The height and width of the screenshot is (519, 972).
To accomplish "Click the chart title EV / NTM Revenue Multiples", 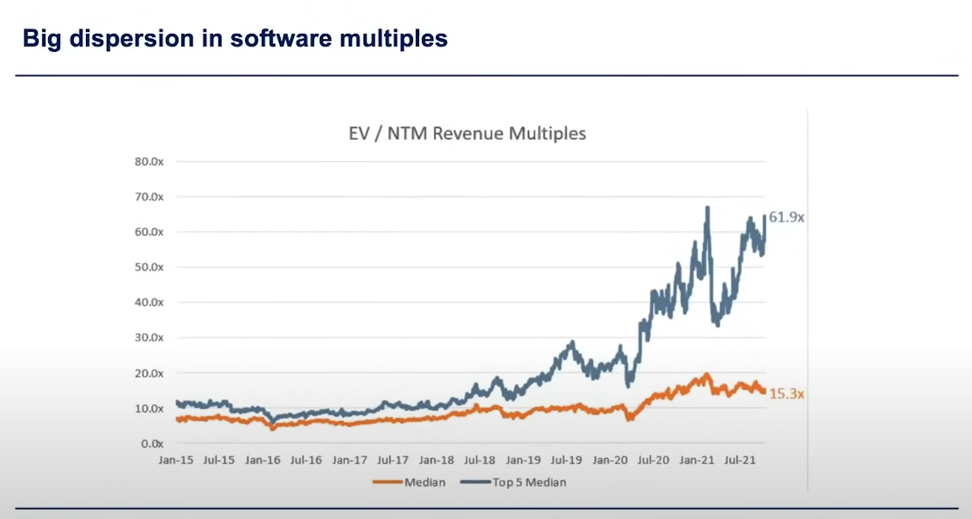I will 467,133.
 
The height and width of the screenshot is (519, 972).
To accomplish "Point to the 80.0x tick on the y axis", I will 150,161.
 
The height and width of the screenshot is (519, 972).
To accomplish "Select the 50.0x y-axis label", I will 150,267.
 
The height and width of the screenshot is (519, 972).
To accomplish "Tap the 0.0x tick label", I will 152,443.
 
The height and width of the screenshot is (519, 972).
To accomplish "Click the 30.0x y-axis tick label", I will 150,338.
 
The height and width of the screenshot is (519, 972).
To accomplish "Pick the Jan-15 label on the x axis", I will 175,461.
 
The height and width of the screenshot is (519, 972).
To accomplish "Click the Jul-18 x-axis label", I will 479,461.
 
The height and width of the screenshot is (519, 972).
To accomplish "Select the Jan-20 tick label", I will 610,461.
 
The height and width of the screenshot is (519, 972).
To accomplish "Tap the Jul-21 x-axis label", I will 740,461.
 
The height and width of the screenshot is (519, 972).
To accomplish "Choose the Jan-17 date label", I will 349,461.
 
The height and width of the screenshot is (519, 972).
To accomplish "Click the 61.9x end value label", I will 787,218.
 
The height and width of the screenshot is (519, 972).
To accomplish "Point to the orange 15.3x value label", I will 787,395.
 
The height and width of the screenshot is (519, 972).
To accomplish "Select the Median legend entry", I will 425,483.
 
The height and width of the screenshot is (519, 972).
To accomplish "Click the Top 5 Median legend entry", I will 529,483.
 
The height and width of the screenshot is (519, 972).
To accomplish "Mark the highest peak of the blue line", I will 708,208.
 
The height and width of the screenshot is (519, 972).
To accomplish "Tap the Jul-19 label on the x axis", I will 566,461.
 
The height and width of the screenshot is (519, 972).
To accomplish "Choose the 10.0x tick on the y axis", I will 150,409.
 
